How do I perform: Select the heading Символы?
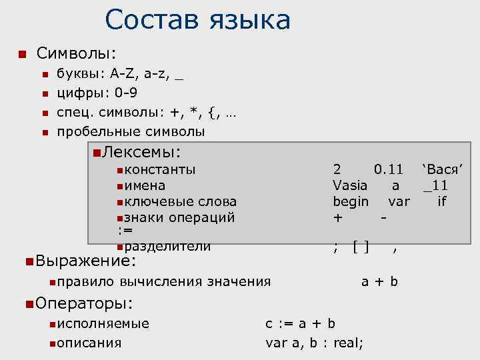[x=77, y=53]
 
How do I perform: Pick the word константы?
[x=160, y=169]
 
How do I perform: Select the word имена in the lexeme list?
[x=145, y=185]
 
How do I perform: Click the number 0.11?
[x=389, y=169]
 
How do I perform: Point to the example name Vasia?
[x=350, y=185]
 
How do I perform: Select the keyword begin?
[x=351, y=201]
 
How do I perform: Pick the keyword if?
[x=441, y=201]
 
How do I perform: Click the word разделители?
[x=167, y=247]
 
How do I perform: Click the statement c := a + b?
[x=300, y=324]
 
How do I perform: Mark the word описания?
[x=89, y=343]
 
